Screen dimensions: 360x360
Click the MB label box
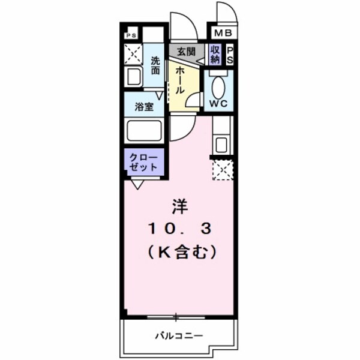[x=223, y=32]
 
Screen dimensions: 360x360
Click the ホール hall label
[x=179, y=80]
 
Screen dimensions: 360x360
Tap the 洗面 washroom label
[x=155, y=65]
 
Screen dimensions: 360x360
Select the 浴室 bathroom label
[x=143, y=107]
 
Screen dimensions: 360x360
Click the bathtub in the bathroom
[x=143, y=130]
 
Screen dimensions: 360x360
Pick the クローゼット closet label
[x=143, y=161]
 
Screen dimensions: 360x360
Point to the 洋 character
[x=179, y=206]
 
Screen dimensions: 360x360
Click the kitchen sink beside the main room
[x=221, y=144]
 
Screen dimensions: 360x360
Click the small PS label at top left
[x=131, y=35]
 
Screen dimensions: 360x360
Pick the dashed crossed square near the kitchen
[x=221, y=170]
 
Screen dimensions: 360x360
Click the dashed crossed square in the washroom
[x=133, y=53]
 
